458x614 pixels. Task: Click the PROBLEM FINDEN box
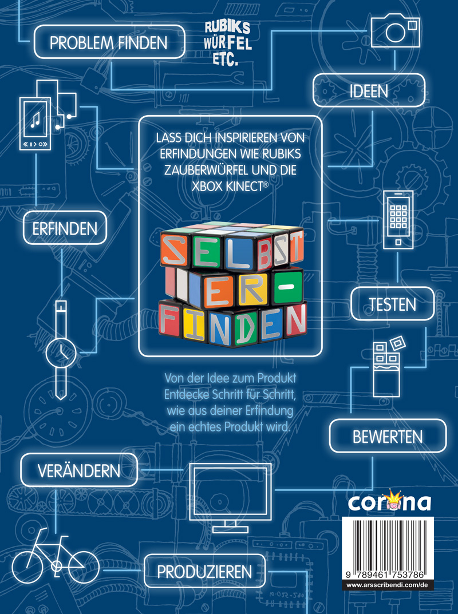109,42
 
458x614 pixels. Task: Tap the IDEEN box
369,91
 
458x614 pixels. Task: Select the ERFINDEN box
64,229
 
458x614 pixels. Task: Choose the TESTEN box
392,303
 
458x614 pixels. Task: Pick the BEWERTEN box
388,437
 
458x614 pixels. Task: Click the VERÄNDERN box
79,471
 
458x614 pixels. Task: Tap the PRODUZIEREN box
204,571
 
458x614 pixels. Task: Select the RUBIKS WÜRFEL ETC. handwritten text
227,42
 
